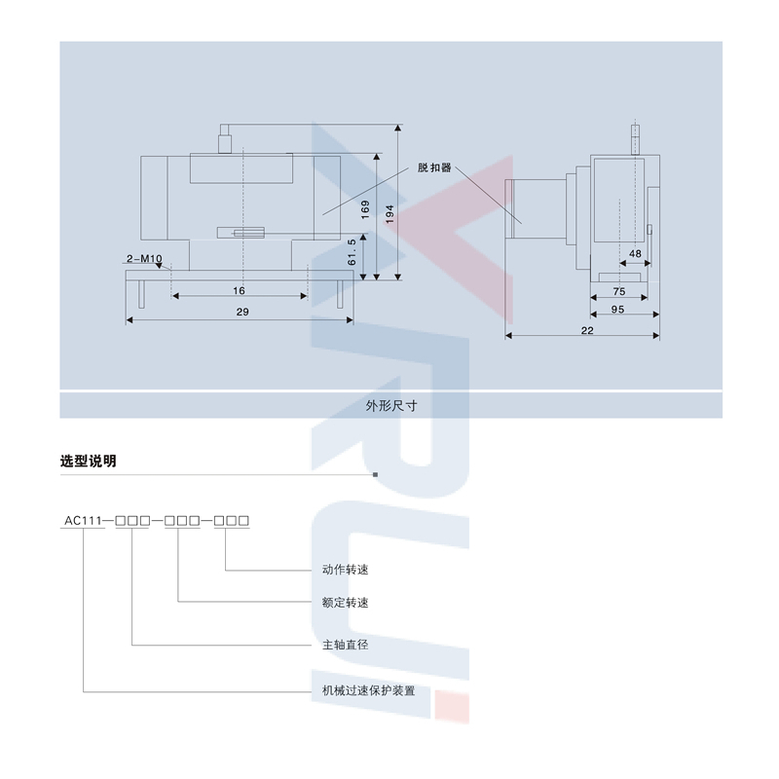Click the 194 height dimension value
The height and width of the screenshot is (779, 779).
(x=389, y=214)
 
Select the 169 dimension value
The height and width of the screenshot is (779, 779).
(x=365, y=209)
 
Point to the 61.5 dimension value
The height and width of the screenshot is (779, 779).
(x=352, y=252)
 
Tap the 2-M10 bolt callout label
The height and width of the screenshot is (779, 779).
(x=144, y=258)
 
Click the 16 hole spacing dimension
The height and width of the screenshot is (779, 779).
(x=239, y=290)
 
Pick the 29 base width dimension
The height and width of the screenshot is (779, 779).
(x=242, y=312)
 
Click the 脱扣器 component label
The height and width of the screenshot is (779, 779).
(x=434, y=167)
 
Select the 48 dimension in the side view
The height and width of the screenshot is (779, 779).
(x=635, y=253)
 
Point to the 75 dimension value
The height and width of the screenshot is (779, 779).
(x=619, y=291)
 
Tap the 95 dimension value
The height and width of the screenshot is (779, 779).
(x=617, y=309)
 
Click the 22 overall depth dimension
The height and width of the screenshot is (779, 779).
(x=587, y=330)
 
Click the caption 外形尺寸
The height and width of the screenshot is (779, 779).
(x=391, y=406)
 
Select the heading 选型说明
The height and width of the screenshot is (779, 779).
(x=89, y=461)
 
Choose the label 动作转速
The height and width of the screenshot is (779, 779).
(x=346, y=570)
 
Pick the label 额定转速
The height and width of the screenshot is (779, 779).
(x=346, y=603)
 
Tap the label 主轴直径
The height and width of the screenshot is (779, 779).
(x=346, y=645)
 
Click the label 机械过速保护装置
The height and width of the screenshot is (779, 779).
(x=369, y=690)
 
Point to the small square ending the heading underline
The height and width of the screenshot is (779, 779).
(x=375, y=474)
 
